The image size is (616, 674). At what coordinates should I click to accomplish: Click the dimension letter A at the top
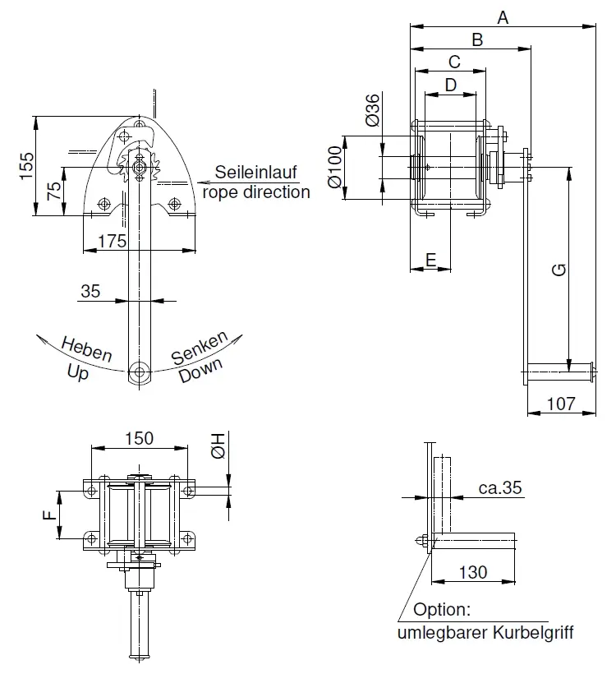(x=503, y=16)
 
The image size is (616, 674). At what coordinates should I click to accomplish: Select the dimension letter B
(x=477, y=39)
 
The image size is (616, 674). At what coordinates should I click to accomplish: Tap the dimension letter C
(x=454, y=62)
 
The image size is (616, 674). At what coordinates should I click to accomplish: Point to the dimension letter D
(x=450, y=85)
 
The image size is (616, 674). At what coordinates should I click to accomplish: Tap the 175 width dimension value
(x=111, y=240)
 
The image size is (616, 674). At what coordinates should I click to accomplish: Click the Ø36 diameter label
(x=371, y=110)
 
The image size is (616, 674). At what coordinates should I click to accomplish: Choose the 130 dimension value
(x=472, y=572)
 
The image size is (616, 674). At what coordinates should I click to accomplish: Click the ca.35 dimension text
(x=500, y=487)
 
